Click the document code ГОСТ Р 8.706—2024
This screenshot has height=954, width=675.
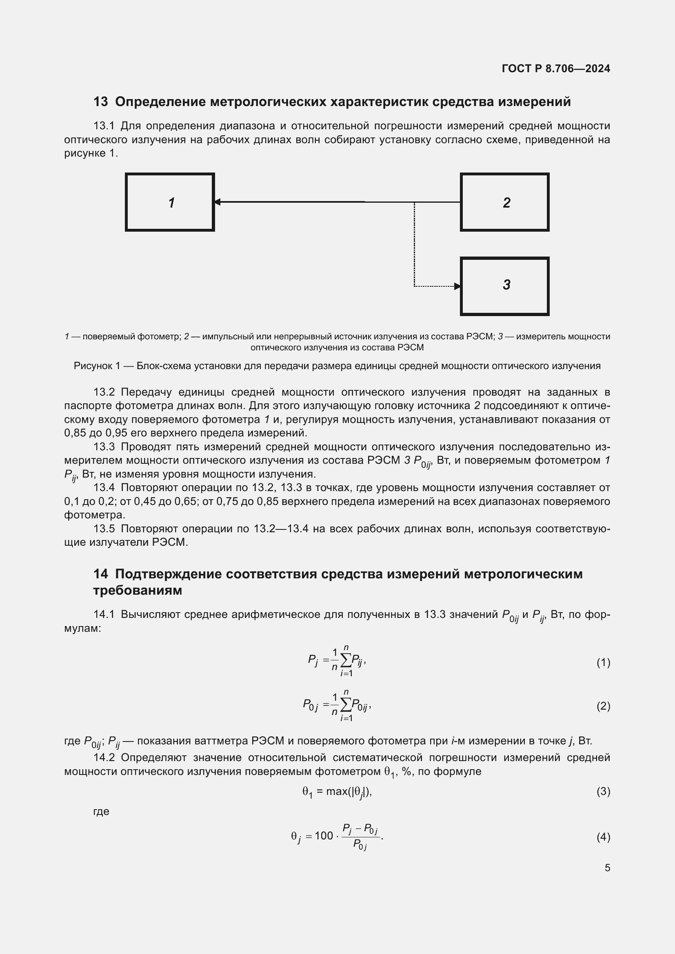556,69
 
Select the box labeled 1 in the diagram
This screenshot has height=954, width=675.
170,202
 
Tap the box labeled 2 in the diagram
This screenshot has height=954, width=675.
504,202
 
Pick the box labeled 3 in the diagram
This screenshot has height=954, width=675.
504,286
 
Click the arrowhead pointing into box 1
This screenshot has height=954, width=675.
217,202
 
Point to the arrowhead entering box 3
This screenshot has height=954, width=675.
457,286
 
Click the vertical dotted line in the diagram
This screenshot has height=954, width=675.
414,245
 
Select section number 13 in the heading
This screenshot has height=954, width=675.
100,102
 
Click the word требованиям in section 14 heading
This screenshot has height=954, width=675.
138,591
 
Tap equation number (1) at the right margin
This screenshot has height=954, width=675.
603,662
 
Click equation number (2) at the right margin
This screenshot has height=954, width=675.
603,706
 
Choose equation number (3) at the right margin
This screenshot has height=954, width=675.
603,791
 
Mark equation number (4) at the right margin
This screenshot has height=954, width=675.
603,837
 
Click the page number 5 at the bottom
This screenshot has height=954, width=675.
607,868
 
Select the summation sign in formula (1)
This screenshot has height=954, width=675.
345,661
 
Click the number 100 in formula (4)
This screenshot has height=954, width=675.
324,836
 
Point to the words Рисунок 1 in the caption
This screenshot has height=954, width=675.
97,366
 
